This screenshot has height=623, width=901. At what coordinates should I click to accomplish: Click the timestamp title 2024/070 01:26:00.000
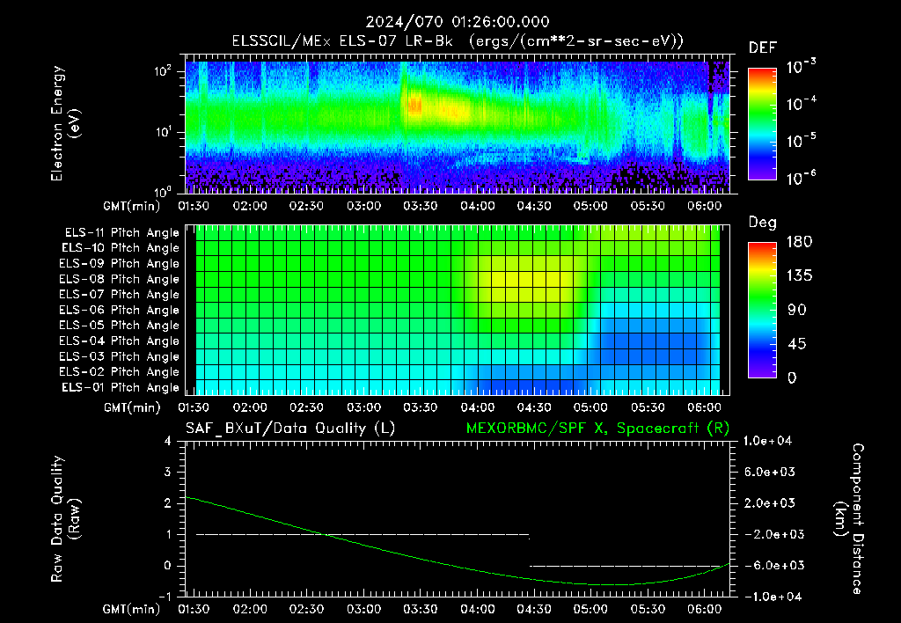pos(458,22)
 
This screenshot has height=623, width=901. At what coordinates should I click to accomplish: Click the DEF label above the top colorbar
pos(763,48)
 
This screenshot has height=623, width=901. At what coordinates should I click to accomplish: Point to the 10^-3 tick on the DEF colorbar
pos(801,67)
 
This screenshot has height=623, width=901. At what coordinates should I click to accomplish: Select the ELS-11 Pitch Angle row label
pos(121,233)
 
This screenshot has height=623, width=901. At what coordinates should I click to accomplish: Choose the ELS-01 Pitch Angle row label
pos(121,387)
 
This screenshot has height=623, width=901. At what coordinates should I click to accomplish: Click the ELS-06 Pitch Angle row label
pos(120,311)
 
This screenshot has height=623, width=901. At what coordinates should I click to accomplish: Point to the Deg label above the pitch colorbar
pos(763,223)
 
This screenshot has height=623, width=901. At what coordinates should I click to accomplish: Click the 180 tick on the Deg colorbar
pos(799,241)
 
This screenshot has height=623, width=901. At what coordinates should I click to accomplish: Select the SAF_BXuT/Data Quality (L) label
pos(290,429)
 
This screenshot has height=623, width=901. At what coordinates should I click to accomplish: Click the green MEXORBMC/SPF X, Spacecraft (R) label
pos(597,429)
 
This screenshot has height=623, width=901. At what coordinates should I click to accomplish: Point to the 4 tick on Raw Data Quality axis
pos(168,441)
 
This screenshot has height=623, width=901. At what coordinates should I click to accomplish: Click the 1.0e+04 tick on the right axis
pos(767,441)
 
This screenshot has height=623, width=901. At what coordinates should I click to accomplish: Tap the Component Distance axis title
pos(849,519)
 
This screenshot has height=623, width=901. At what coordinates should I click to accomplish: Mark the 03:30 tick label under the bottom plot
pos(420,609)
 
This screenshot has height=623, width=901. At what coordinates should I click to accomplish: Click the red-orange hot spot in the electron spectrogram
pos(414,106)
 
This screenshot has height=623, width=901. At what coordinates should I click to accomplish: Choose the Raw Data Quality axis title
pos(65,519)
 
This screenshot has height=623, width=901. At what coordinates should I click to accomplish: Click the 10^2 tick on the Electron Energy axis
pos(164,70)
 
